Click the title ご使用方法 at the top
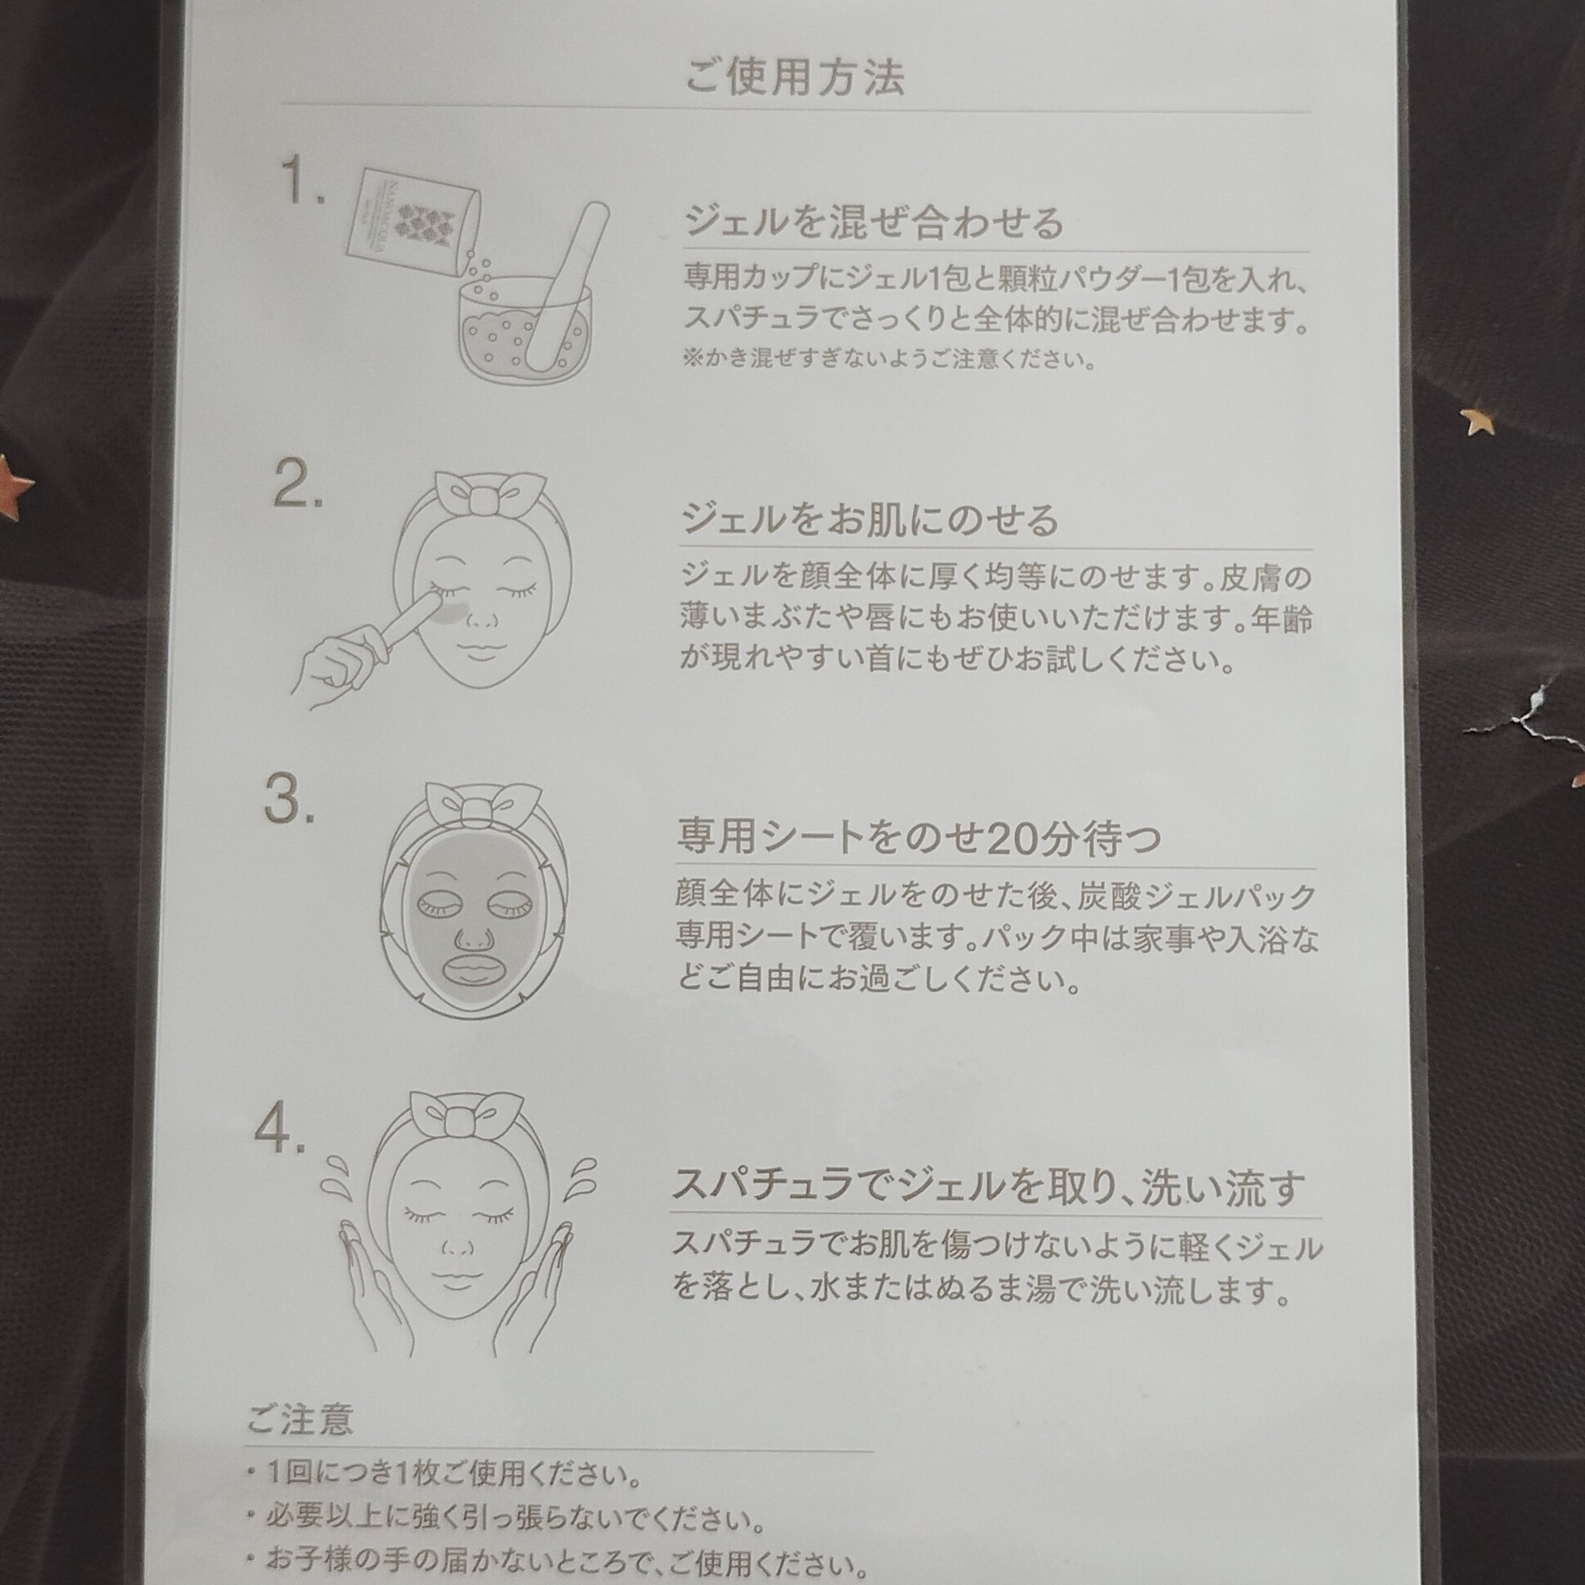tap(794, 78)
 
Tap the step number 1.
tap(303, 180)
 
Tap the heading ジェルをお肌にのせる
tap(870, 519)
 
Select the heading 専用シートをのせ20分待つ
tap(918, 837)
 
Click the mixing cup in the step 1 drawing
tap(525, 328)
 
